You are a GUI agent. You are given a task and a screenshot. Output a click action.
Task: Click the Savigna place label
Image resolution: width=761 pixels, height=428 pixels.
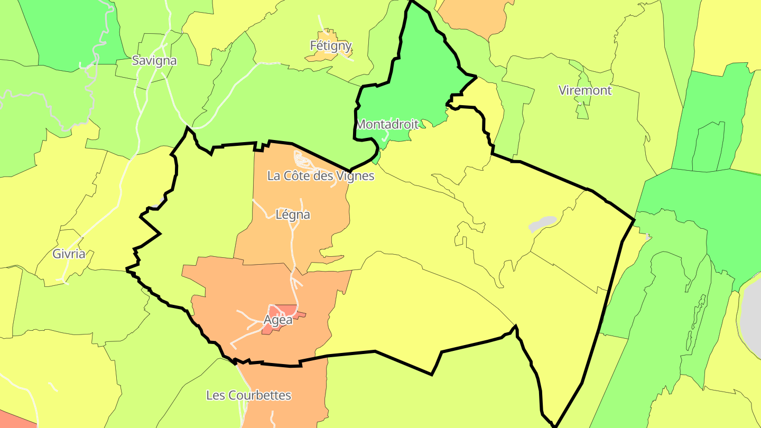pyautogui.click(x=154, y=60)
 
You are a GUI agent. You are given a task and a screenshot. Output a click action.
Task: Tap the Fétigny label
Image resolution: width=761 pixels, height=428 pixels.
pyautogui.click(x=331, y=46)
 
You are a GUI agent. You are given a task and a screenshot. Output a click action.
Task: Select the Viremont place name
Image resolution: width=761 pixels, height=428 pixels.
pyautogui.click(x=585, y=90)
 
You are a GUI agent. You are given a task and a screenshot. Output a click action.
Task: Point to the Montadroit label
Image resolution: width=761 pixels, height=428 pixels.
pyautogui.click(x=387, y=125)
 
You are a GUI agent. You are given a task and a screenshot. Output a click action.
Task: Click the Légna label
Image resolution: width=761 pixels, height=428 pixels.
pyautogui.click(x=293, y=215)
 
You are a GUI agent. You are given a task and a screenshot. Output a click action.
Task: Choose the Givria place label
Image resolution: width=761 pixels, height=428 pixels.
pyautogui.click(x=69, y=254)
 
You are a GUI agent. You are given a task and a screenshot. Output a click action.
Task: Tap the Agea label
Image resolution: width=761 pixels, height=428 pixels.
pyautogui.click(x=278, y=320)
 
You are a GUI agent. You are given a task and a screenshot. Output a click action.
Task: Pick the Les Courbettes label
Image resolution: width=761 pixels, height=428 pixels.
pyautogui.click(x=248, y=395)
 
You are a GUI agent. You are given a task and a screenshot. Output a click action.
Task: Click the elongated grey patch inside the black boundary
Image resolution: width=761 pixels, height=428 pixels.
pyautogui.click(x=542, y=224)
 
